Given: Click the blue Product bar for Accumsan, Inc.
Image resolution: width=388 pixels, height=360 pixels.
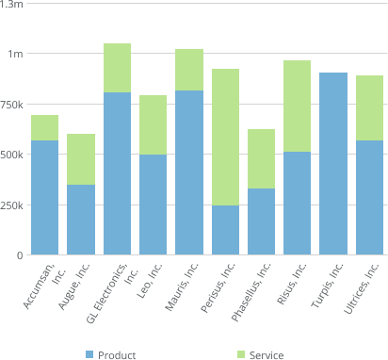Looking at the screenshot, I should coord(44,198).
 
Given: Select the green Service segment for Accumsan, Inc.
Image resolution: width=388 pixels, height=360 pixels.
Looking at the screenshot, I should coord(44,128).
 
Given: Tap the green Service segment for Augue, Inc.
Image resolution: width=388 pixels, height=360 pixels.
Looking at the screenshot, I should coord(81,159).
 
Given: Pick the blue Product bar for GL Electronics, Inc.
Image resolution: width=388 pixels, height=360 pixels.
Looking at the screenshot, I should coord(117,173).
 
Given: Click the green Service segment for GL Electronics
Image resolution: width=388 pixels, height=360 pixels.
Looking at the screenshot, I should coord(117,68).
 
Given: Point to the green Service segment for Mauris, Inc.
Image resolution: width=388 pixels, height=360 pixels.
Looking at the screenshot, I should coord(189,70).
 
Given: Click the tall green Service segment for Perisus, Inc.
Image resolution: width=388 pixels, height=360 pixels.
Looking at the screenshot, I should coord(225,138).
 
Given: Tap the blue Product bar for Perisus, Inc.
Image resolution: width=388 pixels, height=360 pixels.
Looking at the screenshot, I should coord(225,230).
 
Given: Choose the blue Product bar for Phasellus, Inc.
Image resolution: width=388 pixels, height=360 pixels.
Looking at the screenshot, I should coord(261,221).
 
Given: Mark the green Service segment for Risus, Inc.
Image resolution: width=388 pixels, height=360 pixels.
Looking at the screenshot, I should coord(297,106).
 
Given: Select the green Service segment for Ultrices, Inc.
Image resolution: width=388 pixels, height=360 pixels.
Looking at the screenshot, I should coord(369,108).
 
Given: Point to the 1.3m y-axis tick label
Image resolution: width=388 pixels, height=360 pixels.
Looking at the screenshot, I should coord(12,5).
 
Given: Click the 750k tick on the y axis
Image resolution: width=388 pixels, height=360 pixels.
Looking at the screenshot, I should coord(11,104).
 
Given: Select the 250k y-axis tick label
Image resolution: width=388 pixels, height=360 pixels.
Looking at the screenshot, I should coord(11,205).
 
